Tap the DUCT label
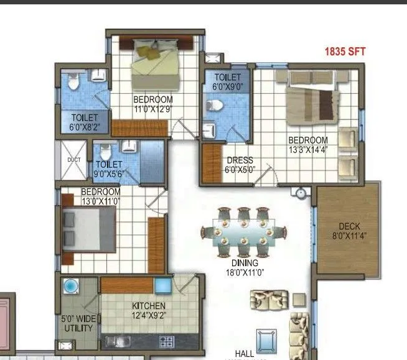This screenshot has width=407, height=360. point(74,160)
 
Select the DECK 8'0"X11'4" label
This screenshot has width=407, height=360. point(349,231)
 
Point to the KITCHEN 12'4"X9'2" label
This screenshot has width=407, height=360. point(149,310)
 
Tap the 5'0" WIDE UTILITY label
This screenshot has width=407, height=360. point(78,324)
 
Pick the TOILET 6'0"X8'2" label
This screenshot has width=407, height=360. point(85,122)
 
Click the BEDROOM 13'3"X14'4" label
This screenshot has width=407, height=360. point(307,145)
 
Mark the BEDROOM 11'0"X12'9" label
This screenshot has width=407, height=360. point(152,104)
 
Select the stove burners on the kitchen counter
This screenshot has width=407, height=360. point(166,341)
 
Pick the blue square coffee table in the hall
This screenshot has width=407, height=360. point(266,341)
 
